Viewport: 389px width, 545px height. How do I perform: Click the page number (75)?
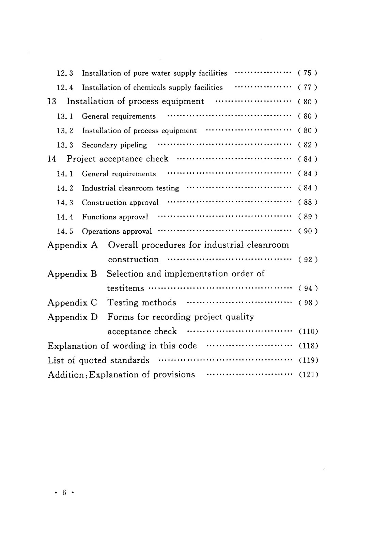click(308, 73)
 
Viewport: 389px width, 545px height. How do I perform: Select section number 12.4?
click(65, 88)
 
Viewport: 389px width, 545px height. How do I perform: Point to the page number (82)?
click(308, 145)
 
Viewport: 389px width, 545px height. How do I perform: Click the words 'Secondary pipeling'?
click(114, 145)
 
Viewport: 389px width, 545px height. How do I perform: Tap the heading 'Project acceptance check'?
click(118, 159)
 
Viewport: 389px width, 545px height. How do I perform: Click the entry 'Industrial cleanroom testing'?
click(130, 188)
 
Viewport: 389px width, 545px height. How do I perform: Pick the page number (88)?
click(308, 203)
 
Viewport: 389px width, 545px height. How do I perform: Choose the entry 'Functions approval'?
click(115, 217)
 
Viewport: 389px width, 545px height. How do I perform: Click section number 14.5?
click(65, 232)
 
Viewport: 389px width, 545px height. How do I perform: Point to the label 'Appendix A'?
click(73, 245)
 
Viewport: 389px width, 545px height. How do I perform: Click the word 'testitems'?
click(125, 289)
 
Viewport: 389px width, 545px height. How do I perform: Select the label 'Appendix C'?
click(72, 303)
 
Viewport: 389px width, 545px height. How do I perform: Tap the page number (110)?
click(308, 332)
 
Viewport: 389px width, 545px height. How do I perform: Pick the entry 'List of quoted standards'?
click(98, 360)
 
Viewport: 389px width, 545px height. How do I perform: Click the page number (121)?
click(308, 375)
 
